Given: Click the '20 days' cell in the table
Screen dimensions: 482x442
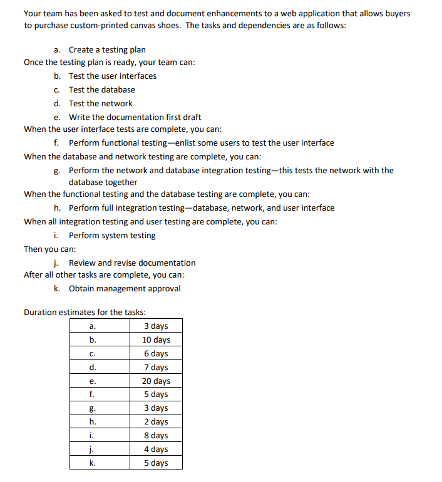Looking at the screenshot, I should click(156, 381).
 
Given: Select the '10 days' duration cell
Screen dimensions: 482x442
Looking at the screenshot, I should click(156, 339).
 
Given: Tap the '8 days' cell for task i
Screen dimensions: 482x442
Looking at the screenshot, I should click(156, 436).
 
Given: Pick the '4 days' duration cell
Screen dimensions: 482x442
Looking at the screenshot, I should click(156, 449).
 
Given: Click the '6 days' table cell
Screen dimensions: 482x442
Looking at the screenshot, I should click(156, 353).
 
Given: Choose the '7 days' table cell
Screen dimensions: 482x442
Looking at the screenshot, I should click(156, 367).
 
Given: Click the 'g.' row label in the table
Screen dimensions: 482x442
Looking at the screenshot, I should click(93, 408).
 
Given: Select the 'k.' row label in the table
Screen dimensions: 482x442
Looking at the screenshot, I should click(93, 463).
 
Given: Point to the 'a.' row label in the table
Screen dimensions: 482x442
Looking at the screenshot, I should click(93, 326).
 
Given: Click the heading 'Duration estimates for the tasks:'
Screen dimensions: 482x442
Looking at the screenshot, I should click(85, 312).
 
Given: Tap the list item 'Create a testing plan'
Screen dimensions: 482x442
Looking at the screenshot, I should click(107, 49).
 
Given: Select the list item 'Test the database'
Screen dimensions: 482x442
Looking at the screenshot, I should click(101, 89).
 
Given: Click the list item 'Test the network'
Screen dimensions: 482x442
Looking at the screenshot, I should click(100, 103).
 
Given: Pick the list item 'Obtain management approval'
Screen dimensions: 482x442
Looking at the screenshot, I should click(125, 288).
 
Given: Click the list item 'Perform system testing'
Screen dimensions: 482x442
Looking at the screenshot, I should click(112, 235).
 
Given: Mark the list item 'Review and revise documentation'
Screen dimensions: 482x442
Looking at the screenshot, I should click(132, 263).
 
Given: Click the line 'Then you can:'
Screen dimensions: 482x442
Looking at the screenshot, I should click(49, 249).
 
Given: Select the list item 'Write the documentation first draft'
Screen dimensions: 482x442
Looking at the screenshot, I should click(135, 117).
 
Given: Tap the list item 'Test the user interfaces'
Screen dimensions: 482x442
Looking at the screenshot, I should click(113, 76).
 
